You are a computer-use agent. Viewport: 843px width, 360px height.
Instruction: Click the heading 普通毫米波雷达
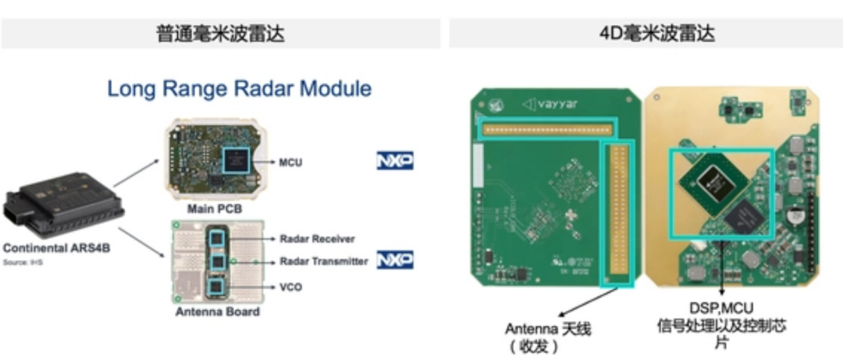point(220,34)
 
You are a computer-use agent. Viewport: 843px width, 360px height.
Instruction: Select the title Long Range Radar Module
point(239,88)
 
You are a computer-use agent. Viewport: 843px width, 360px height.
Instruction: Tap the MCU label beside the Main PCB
point(290,163)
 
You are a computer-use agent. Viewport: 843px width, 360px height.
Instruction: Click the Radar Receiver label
point(316,239)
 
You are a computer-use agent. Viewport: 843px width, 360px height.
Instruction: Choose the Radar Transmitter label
point(322,262)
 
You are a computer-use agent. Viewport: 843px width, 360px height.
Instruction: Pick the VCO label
point(290,287)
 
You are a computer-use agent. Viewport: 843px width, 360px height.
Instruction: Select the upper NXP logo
point(395,162)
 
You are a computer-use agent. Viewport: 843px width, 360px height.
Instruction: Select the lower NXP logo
point(395,261)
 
